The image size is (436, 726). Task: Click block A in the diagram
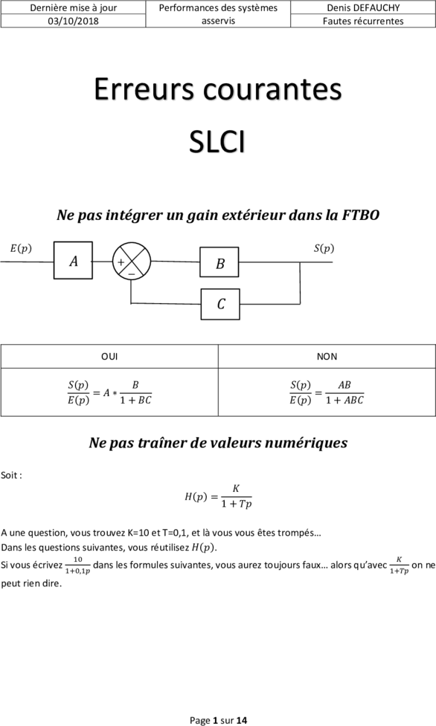[x=73, y=261]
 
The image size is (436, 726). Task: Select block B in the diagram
[x=219, y=262]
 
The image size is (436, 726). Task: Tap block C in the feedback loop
[x=220, y=304]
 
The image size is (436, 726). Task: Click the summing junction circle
[x=132, y=261]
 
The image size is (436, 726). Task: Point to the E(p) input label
[x=21, y=248]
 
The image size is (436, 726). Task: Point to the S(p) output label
[x=324, y=248]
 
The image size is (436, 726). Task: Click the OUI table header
[x=109, y=357]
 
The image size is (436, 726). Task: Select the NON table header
[x=327, y=357]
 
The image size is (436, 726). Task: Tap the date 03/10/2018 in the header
[x=73, y=22]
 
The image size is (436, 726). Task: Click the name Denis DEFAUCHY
[x=363, y=8]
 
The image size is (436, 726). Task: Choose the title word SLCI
[x=217, y=142]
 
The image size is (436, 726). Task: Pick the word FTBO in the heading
[x=361, y=215]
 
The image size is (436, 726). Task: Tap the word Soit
[x=10, y=475]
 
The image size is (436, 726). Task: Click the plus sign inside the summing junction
[x=121, y=262]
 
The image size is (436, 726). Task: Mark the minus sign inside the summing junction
[x=132, y=274]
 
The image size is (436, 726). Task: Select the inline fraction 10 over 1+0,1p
[x=77, y=565]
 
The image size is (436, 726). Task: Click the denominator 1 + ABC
[x=344, y=401]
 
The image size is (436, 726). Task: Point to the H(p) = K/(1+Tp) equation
[x=219, y=496]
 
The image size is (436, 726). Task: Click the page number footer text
[x=219, y=720]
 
